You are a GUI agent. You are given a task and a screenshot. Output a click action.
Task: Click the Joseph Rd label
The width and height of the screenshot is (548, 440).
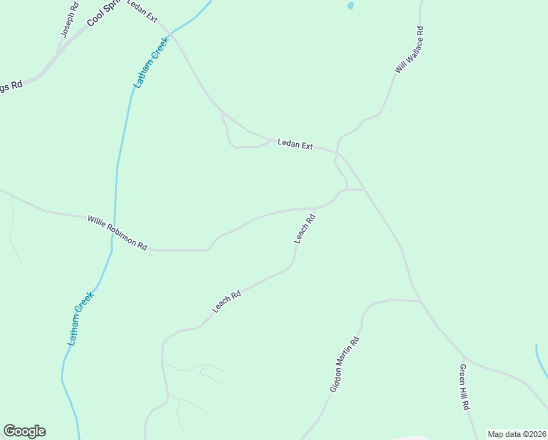click(70, 21)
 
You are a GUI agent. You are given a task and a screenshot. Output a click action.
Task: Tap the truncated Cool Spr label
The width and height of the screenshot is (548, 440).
click(103, 13)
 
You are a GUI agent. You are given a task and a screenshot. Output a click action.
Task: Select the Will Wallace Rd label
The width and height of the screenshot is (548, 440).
click(410, 50)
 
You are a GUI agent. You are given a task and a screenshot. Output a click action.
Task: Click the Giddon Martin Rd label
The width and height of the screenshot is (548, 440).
click(344, 364)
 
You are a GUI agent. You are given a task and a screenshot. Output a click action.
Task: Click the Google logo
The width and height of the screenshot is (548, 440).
click(24, 431)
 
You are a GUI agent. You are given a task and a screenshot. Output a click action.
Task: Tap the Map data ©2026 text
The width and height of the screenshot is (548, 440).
click(516, 434)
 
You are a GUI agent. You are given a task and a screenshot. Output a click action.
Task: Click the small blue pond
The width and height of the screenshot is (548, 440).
click(350, 6)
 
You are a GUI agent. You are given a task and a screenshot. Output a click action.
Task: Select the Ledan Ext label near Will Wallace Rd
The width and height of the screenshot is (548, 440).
click(295, 145)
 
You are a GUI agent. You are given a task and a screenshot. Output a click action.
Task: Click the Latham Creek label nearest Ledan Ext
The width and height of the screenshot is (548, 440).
click(151, 63)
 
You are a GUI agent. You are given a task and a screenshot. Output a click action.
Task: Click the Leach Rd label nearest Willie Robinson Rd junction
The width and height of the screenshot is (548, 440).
click(305, 228)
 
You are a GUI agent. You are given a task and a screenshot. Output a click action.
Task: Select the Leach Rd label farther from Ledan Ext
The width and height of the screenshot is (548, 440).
click(226, 302)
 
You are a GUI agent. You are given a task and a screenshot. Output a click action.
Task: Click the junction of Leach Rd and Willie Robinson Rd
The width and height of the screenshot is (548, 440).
click(316, 208)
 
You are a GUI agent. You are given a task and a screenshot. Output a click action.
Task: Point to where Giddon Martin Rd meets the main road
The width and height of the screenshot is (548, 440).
click(421, 301)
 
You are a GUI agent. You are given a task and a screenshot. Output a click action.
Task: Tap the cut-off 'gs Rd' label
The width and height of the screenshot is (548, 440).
click(11, 86)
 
